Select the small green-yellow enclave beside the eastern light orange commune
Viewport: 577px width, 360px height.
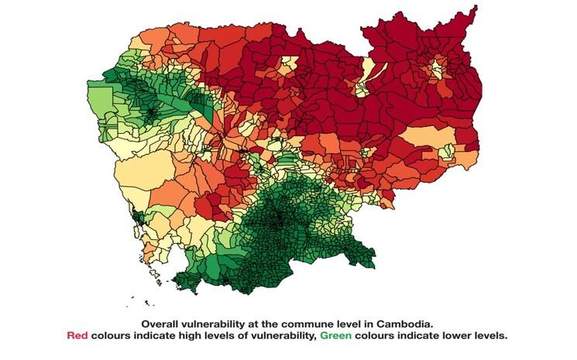pyautogui.click(x=447, y=152)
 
